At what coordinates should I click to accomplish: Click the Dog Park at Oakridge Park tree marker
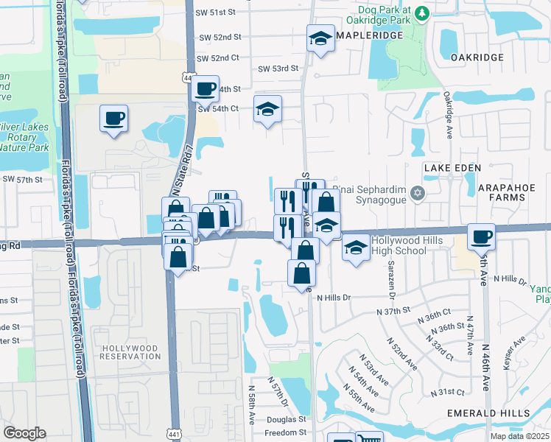click(x=421, y=13)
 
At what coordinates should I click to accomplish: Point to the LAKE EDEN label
click(x=453, y=169)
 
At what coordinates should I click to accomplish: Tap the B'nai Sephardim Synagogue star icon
click(x=418, y=193)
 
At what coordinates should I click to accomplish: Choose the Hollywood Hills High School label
click(x=399, y=245)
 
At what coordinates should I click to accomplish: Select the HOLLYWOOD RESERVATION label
click(x=130, y=351)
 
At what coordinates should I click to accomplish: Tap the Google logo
click(x=25, y=433)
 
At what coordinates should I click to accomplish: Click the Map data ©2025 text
click(x=519, y=436)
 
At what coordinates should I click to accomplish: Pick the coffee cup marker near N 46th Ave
click(x=481, y=236)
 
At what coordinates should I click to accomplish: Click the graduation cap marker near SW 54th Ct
click(x=267, y=110)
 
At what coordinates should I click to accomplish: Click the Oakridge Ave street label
click(x=447, y=115)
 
